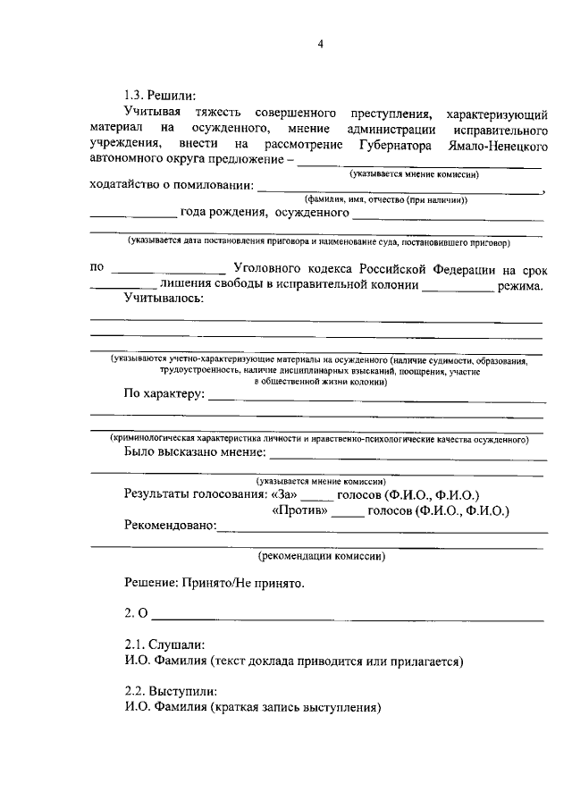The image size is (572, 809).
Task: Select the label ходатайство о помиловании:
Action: tap(172, 187)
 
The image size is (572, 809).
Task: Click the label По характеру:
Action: tap(164, 393)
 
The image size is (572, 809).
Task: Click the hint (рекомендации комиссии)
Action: tap(322, 555)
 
